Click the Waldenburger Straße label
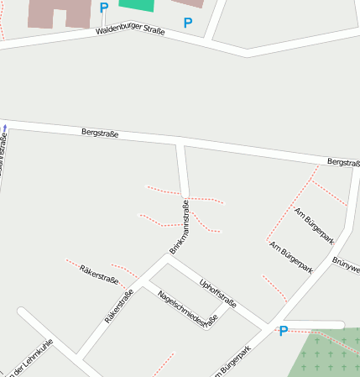130,30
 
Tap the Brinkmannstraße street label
179,227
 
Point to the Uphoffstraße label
217,291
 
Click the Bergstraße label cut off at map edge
343,162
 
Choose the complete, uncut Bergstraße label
100,133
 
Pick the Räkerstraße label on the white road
119,307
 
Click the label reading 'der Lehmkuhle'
27,358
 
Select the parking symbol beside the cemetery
284,331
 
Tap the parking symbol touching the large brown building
104,8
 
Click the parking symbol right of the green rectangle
187,23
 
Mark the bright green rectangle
137,4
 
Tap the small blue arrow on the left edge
4,128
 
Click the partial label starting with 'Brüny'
347,264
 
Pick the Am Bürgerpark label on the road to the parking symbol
291,257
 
